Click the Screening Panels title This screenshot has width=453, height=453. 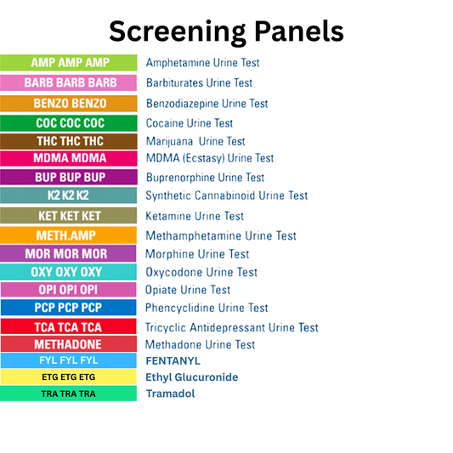[226, 31]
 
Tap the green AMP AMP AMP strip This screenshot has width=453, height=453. [69, 63]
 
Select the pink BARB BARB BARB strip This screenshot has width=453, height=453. [69, 83]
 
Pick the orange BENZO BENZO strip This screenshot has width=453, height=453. [69, 104]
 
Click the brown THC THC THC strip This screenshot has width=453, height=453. [69, 141]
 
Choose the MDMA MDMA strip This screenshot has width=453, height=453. [69, 158]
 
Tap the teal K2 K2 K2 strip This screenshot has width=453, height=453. [69, 195]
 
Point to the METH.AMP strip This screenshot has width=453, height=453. [69, 235]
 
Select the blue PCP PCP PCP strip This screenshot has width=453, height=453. [69, 308]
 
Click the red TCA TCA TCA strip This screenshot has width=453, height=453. [69, 327]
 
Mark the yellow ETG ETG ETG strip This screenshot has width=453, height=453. [69, 377]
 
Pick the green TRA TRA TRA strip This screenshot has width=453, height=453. [69, 394]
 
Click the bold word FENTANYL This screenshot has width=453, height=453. [173, 360]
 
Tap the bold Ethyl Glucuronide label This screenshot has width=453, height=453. [192, 377]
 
